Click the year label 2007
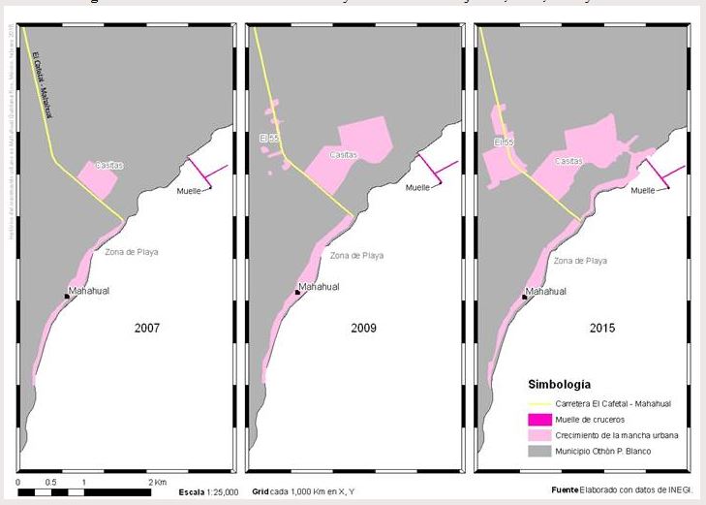tap(147, 328)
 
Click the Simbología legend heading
tap(560, 382)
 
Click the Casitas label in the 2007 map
tap(109, 166)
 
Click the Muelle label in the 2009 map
tap(417, 188)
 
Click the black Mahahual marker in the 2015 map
tap(524, 297)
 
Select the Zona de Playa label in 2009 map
tap(356, 256)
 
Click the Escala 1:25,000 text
tap(208, 492)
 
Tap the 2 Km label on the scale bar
tap(159, 481)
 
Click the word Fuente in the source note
tap(566, 489)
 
